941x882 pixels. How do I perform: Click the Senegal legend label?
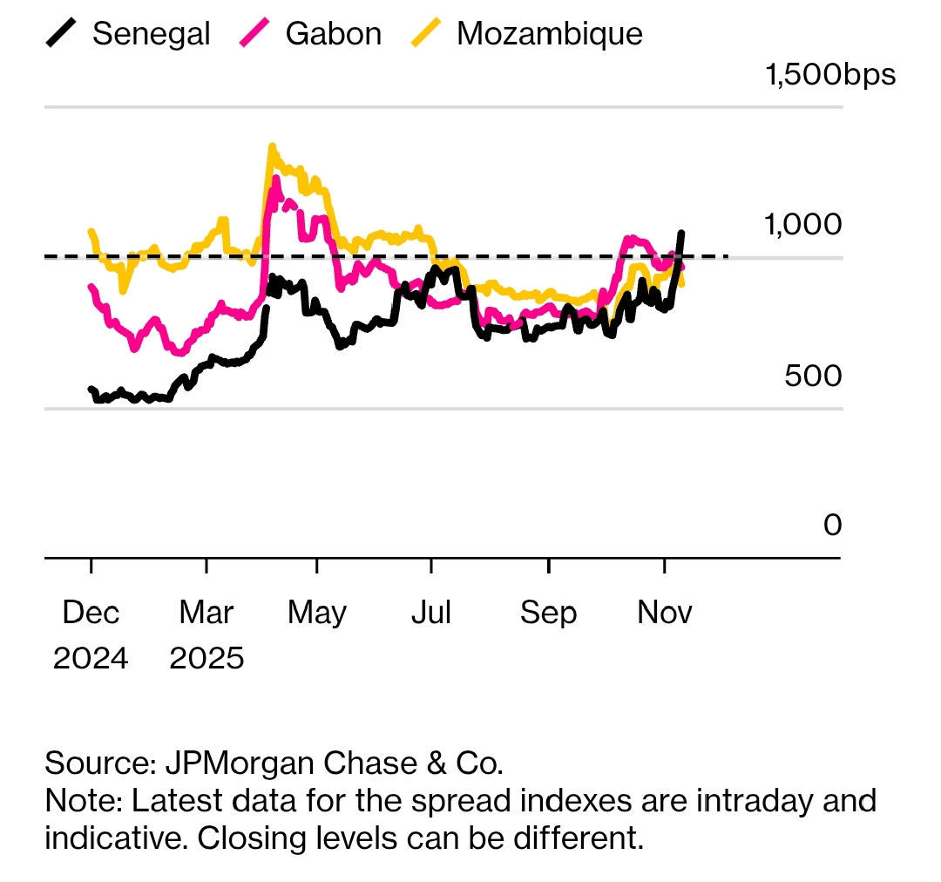[x=151, y=34]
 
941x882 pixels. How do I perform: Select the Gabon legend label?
[x=333, y=34]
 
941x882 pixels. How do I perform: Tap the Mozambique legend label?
[x=549, y=34]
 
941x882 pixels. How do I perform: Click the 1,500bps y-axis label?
[x=829, y=75]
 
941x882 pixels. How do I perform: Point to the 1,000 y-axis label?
[x=803, y=224]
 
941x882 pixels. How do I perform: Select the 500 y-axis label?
[x=813, y=376]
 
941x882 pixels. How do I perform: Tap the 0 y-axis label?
[x=833, y=525]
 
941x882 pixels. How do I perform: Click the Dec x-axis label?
[x=91, y=613]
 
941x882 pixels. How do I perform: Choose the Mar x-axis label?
[x=206, y=613]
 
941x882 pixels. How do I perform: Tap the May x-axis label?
[x=317, y=613]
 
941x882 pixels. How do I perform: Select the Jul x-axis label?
[x=431, y=613]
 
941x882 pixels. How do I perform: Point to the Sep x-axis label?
[x=548, y=613]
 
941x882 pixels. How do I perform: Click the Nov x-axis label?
[x=665, y=613]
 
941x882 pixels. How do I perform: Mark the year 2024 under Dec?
[x=91, y=658]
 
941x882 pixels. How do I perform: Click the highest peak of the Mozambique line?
[x=272, y=146]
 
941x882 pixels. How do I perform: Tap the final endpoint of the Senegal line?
[x=682, y=233]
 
